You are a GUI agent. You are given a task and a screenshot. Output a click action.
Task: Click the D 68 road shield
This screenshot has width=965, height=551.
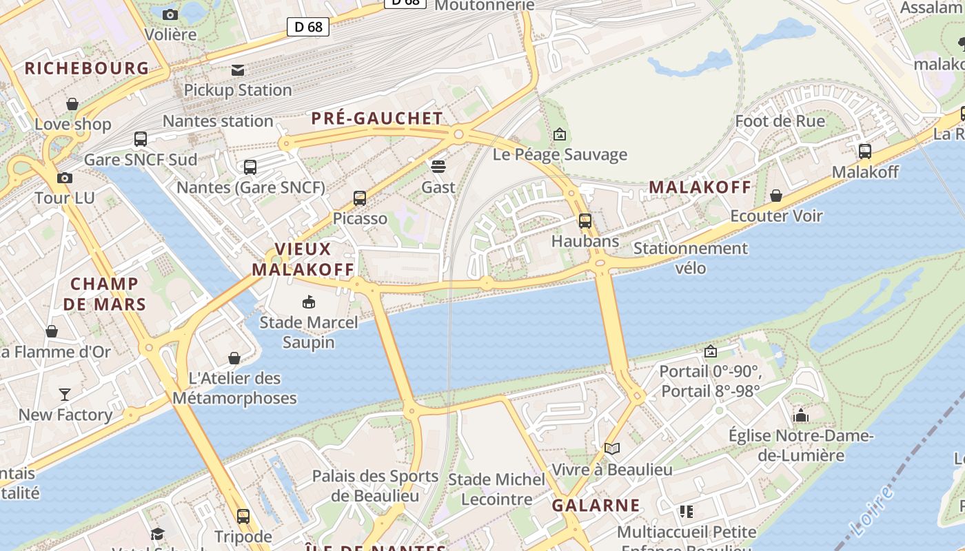coord(307,27)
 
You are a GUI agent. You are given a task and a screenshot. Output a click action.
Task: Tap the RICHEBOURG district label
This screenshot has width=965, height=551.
coord(87,68)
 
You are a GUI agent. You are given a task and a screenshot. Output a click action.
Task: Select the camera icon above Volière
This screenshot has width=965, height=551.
coord(170,14)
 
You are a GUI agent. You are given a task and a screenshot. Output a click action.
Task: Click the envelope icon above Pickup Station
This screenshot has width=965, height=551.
coord(238,70)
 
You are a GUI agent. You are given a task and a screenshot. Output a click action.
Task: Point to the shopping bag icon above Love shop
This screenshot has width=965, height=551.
coord(72,104)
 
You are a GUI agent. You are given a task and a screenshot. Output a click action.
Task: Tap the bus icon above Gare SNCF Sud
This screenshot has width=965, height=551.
coord(141,139)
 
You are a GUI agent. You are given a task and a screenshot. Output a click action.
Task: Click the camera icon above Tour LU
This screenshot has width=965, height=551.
coord(65,178)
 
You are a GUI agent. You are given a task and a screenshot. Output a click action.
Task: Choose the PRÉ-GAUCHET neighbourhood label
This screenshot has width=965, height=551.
coord(377,118)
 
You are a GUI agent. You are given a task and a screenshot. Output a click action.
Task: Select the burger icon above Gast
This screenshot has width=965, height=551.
coord(438,166)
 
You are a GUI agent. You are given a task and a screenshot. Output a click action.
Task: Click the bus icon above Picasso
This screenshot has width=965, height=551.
coord(360,198)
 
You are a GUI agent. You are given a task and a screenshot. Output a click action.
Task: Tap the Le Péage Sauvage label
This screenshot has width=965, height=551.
coord(560,154)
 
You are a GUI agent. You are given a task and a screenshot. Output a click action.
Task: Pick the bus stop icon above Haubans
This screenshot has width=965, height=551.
coord(585,221)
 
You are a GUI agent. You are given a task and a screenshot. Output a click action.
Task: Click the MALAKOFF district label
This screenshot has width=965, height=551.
coord(700,187)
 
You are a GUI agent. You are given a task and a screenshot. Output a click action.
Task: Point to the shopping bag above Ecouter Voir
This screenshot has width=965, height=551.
coord(776,196)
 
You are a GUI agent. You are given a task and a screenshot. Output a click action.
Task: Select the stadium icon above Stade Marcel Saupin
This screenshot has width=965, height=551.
coord(309,302)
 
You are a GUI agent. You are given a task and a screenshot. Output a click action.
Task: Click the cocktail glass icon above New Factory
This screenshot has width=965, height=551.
coord(65,394)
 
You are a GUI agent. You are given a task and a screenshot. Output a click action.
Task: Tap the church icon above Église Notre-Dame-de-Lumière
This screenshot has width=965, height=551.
coord(801,415)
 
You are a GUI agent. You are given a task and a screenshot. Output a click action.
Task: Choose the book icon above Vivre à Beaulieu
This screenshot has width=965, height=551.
coord(612,449)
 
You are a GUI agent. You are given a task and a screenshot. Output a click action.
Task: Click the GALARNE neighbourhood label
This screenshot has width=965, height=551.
coord(596,505)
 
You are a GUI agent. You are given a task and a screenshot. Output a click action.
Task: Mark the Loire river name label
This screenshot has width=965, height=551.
coord(873,511)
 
